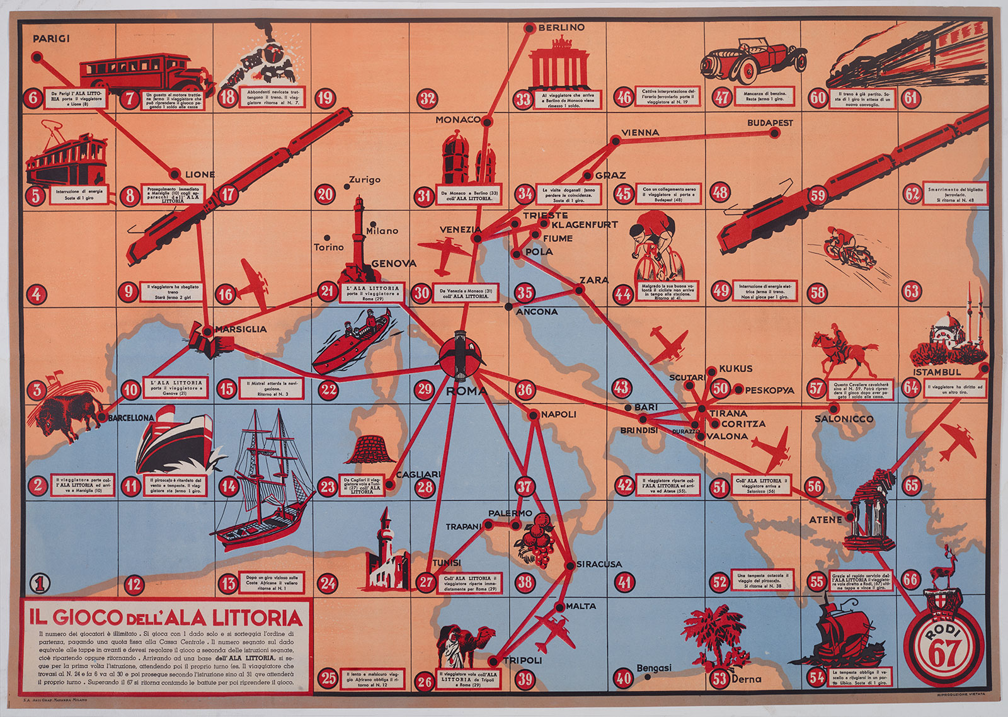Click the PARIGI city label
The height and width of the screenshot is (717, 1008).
point(51,38)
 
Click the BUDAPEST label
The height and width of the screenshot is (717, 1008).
point(770,123)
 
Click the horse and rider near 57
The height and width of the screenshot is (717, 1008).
point(844,353)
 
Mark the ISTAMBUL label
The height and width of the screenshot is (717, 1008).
point(937,372)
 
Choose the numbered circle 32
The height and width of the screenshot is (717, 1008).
point(428,98)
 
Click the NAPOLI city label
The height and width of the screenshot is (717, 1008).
point(558,414)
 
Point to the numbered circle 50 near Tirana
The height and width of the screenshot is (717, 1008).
point(721,388)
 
